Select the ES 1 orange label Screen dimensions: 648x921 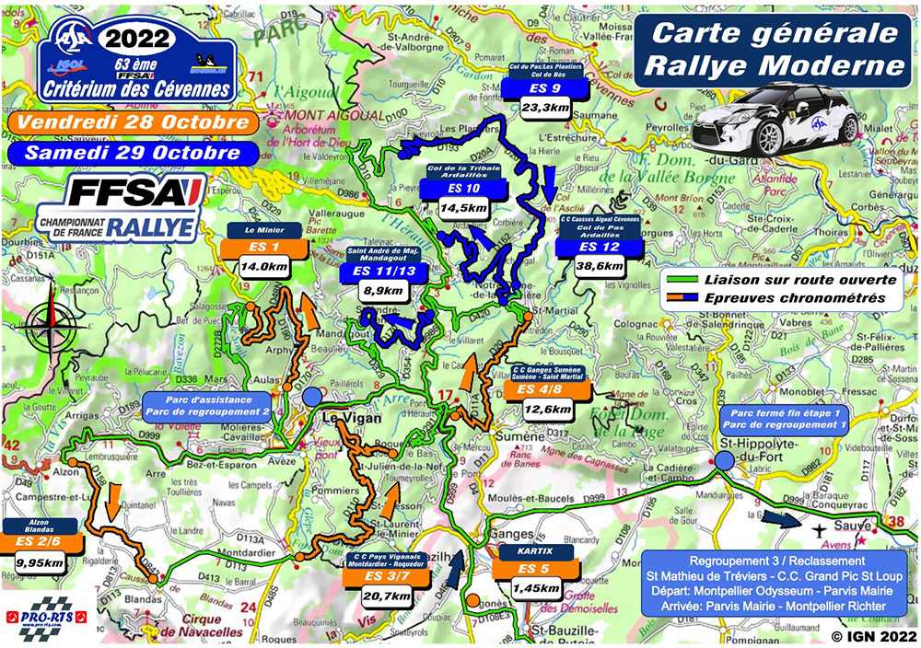coord(258,249)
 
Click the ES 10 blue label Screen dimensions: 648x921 coord(460,189)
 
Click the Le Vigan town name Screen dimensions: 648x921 coord(346,416)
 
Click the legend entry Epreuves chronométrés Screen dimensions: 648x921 coord(799,299)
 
